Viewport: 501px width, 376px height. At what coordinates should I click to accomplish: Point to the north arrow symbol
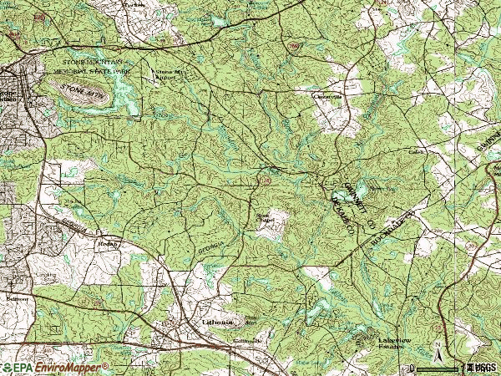(x=436, y=348)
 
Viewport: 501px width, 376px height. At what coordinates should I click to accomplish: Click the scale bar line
(x=434, y=367)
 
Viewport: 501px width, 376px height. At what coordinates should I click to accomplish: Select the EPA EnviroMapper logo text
(x=54, y=367)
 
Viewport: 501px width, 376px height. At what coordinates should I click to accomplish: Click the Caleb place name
(x=416, y=152)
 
